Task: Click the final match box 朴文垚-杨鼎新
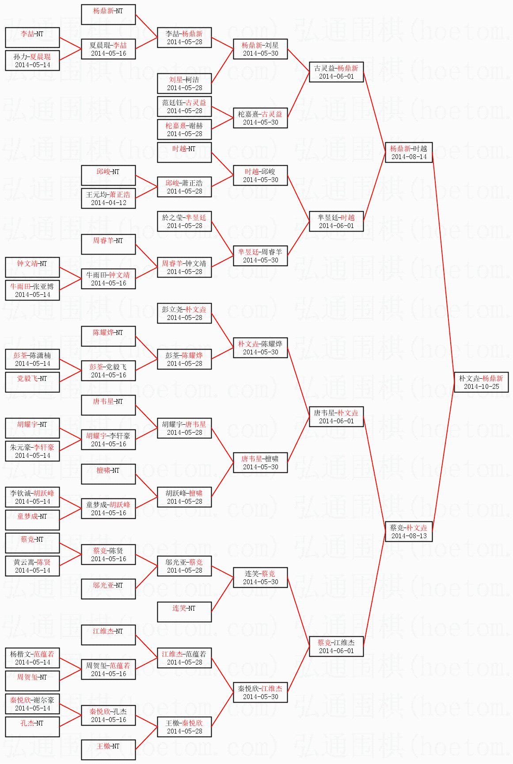tap(481, 382)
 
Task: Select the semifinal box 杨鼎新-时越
tap(409, 152)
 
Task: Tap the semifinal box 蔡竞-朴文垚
tap(409, 532)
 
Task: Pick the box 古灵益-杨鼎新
tap(336, 72)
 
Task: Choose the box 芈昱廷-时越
tap(336, 221)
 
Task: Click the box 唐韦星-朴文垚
tap(336, 417)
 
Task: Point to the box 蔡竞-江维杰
tap(336, 646)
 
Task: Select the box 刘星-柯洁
tap(184, 84)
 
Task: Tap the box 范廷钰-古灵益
tap(184, 106)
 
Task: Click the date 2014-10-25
tap(481, 387)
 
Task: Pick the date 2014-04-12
tap(108, 203)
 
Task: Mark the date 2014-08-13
tap(409, 536)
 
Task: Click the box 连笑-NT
tap(184, 612)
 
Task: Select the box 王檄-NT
tap(108, 750)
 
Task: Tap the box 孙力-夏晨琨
tap(32, 61)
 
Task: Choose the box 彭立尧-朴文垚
tap(184, 313)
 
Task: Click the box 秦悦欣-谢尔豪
tap(32, 704)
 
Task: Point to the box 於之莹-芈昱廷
tap(184, 221)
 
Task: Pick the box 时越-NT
tap(184, 152)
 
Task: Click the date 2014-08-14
tap(409, 157)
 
